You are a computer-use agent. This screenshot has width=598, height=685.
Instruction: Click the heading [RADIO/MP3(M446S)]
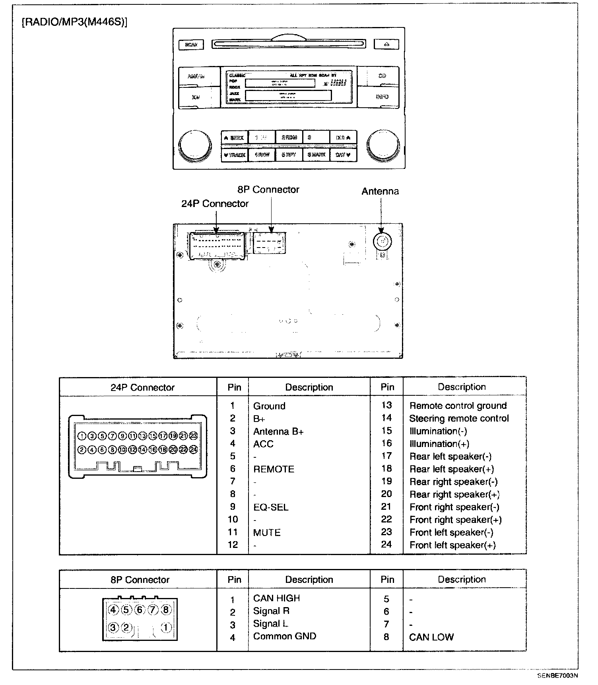pos(74,22)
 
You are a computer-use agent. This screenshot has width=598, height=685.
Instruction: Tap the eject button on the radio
pos(386,44)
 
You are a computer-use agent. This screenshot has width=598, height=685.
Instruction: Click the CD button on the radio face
pos(382,75)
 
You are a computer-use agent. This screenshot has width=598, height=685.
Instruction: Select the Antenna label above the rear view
pos(380,191)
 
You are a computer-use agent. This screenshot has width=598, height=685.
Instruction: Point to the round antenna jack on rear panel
pos(382,241)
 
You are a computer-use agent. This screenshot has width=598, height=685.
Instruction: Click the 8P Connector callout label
pos(268,190)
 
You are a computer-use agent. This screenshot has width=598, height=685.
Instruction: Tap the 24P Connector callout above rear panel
pos(215,203)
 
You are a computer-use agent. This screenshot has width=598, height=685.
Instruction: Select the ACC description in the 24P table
pos(263,444)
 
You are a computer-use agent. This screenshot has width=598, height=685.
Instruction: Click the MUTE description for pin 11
pos(267,532)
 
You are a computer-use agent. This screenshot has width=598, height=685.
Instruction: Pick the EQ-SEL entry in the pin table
pos(271,507)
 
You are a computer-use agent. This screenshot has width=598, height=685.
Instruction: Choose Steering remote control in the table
pos(459,418)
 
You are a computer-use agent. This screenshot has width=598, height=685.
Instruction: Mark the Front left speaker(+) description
pos(452,545)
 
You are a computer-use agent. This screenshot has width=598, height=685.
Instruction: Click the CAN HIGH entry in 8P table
pos(277,598)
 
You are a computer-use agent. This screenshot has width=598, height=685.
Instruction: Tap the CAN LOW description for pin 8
pos(431,637)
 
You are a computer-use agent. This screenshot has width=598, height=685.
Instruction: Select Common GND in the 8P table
pos(285,636)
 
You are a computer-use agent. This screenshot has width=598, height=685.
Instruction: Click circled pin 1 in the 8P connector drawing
pos(166,628)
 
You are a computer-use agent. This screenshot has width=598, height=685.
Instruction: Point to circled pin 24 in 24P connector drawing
pos(194,449)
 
